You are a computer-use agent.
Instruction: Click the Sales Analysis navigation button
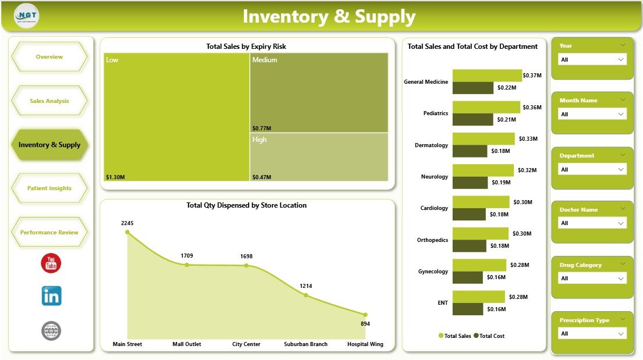(x=49, y=101)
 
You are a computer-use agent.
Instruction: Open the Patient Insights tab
(x=49, y=188)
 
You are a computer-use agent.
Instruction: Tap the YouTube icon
(x=51, y=263)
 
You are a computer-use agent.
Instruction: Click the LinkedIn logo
(x=51, y=296)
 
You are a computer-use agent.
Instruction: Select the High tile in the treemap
(x=319, y=157)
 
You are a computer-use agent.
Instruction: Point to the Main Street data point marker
(x=127, y=232)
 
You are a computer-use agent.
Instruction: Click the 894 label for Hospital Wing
(x=365, y=324)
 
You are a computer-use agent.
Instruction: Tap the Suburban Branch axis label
(x=305, y=344)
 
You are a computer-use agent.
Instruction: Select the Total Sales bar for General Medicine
(x=486, y=76)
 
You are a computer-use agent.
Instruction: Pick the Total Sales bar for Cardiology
(x=480, y=202)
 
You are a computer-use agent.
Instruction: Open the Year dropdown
(x=592, y=59)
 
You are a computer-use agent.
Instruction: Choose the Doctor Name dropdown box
(x=592, y=223)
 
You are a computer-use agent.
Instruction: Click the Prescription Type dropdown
(x=592, y=334)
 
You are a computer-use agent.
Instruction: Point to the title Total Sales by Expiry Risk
(x=246, y=47)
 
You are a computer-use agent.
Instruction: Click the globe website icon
(x=51, y=331)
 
